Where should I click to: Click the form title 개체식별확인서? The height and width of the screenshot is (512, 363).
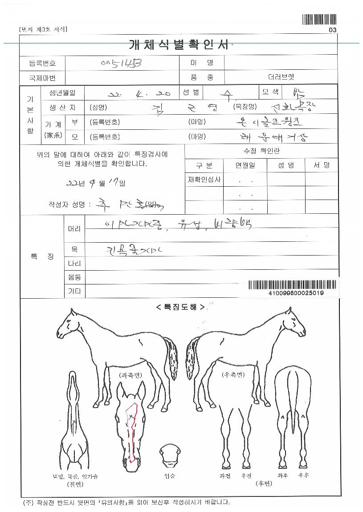click(178, 45)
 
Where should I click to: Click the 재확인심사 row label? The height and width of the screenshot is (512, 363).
click(204, 180)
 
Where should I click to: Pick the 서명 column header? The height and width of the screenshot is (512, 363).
click(321, 165)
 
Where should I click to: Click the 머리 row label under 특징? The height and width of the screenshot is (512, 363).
click(74, 228)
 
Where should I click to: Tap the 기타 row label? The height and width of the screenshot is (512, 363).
click(74, 291)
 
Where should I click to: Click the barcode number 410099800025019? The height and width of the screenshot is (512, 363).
click(296, 293)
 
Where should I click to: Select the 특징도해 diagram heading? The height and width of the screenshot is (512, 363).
click(180, 307)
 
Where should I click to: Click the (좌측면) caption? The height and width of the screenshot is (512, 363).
click(130, 375)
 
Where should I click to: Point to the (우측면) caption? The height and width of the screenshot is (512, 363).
click(233, 375)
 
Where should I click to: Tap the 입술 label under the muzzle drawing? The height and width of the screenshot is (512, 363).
click(170, 476)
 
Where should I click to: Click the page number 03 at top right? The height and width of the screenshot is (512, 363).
click(332, 30)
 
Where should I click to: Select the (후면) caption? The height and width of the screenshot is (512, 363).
click(263, 484)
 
